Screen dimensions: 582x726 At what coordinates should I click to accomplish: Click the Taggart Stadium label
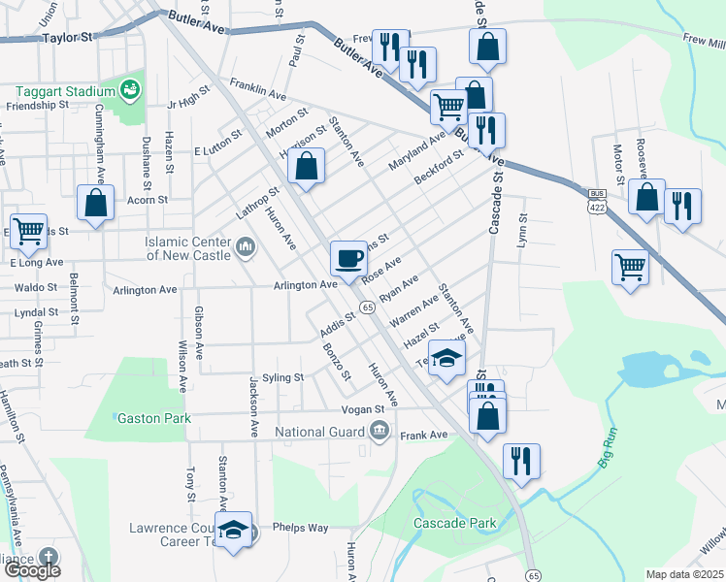64,91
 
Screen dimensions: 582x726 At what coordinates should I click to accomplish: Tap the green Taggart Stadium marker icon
130,91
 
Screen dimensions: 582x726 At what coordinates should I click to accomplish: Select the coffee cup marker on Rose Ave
348,259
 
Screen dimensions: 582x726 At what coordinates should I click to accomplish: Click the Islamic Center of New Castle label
188,248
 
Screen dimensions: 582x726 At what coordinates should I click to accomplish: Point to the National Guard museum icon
379,431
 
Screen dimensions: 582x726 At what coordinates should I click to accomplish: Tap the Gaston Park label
148,418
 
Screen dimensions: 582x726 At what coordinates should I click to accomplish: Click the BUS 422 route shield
597,200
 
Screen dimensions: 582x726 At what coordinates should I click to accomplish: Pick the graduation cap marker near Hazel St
446,359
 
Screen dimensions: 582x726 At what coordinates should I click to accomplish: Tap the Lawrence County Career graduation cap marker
233,531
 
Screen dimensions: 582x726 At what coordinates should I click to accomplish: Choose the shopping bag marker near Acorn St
95,204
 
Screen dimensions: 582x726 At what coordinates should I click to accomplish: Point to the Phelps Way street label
300,528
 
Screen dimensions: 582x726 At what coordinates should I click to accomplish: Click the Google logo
32,569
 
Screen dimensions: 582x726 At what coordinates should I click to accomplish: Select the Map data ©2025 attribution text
684,574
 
